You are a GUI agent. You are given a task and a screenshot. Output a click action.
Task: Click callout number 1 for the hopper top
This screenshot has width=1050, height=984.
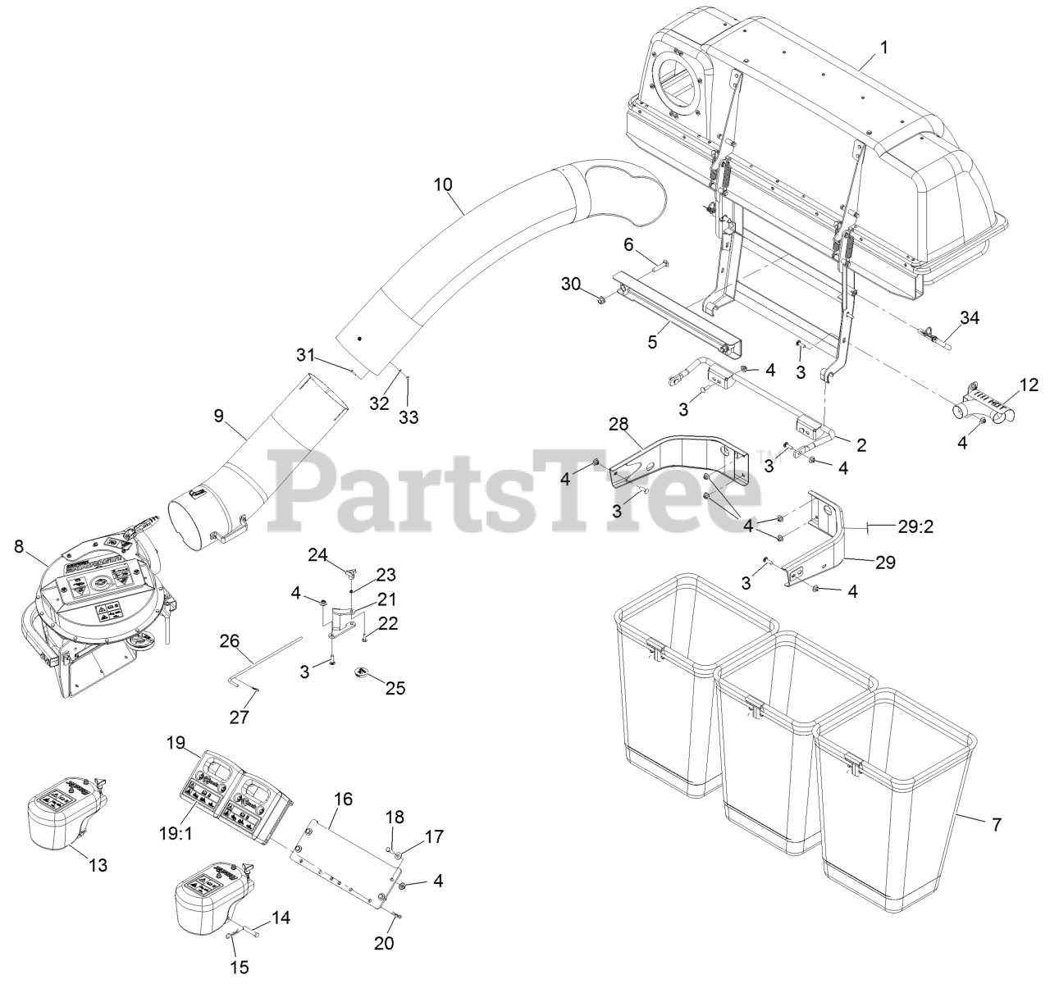[883, 48]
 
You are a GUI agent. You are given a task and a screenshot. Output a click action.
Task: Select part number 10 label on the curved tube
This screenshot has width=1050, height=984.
[443, 184]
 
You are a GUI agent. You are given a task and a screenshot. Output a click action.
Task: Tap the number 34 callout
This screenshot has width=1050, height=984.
[970, 317]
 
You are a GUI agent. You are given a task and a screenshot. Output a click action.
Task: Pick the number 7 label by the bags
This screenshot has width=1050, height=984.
[997, 825]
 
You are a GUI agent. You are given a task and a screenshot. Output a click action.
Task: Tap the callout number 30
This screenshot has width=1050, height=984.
[571, 284]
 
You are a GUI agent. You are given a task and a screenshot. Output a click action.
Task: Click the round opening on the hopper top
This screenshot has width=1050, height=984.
[678, 82]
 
